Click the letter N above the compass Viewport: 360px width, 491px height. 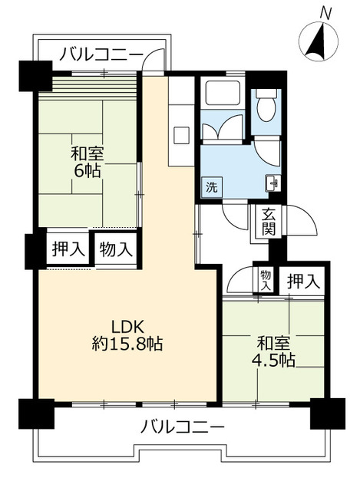(325, 12)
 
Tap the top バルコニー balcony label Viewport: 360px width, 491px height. (101, 54)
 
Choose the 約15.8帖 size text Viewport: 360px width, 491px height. (127, 344)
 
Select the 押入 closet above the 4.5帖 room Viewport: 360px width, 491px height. (301, 282)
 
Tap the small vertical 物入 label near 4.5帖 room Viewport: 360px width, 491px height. (266, 279)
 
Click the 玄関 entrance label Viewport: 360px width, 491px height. (269, 222)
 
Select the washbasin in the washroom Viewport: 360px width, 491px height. (273, 183)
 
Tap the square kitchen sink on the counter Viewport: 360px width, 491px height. (182, 134)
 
